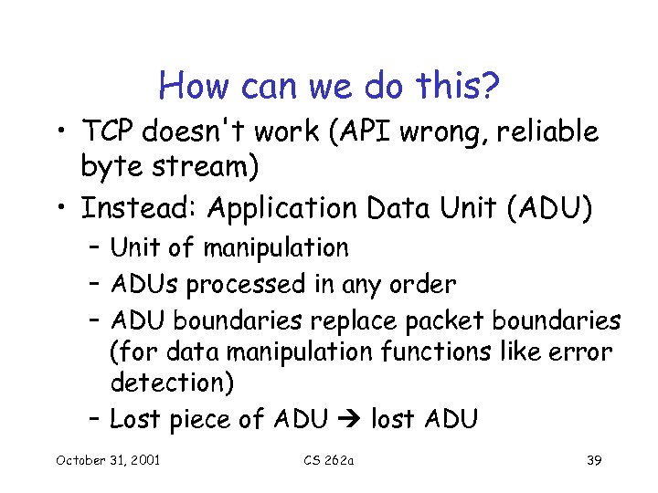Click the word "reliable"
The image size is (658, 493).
[x=547, y=132]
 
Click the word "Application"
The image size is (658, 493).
[x=282, y=208]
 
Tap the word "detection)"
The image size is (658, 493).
[x=172, y=383]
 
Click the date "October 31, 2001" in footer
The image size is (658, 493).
[x=107, y=459]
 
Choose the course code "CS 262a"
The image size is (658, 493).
[x=329, y=459]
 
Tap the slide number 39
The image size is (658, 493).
[x=593, y=459]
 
